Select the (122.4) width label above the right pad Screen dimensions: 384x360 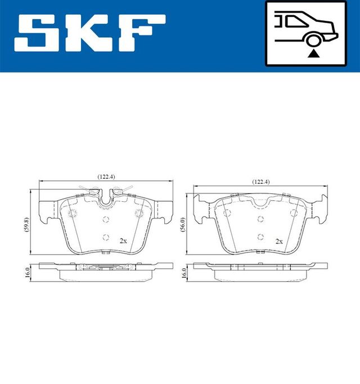point(261,181)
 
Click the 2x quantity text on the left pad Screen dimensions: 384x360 point(123,240)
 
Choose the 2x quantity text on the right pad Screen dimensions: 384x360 point(278,240)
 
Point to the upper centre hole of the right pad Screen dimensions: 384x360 point(259,219)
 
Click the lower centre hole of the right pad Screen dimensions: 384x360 point(259,236)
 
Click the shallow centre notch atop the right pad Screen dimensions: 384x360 point(259,202)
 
